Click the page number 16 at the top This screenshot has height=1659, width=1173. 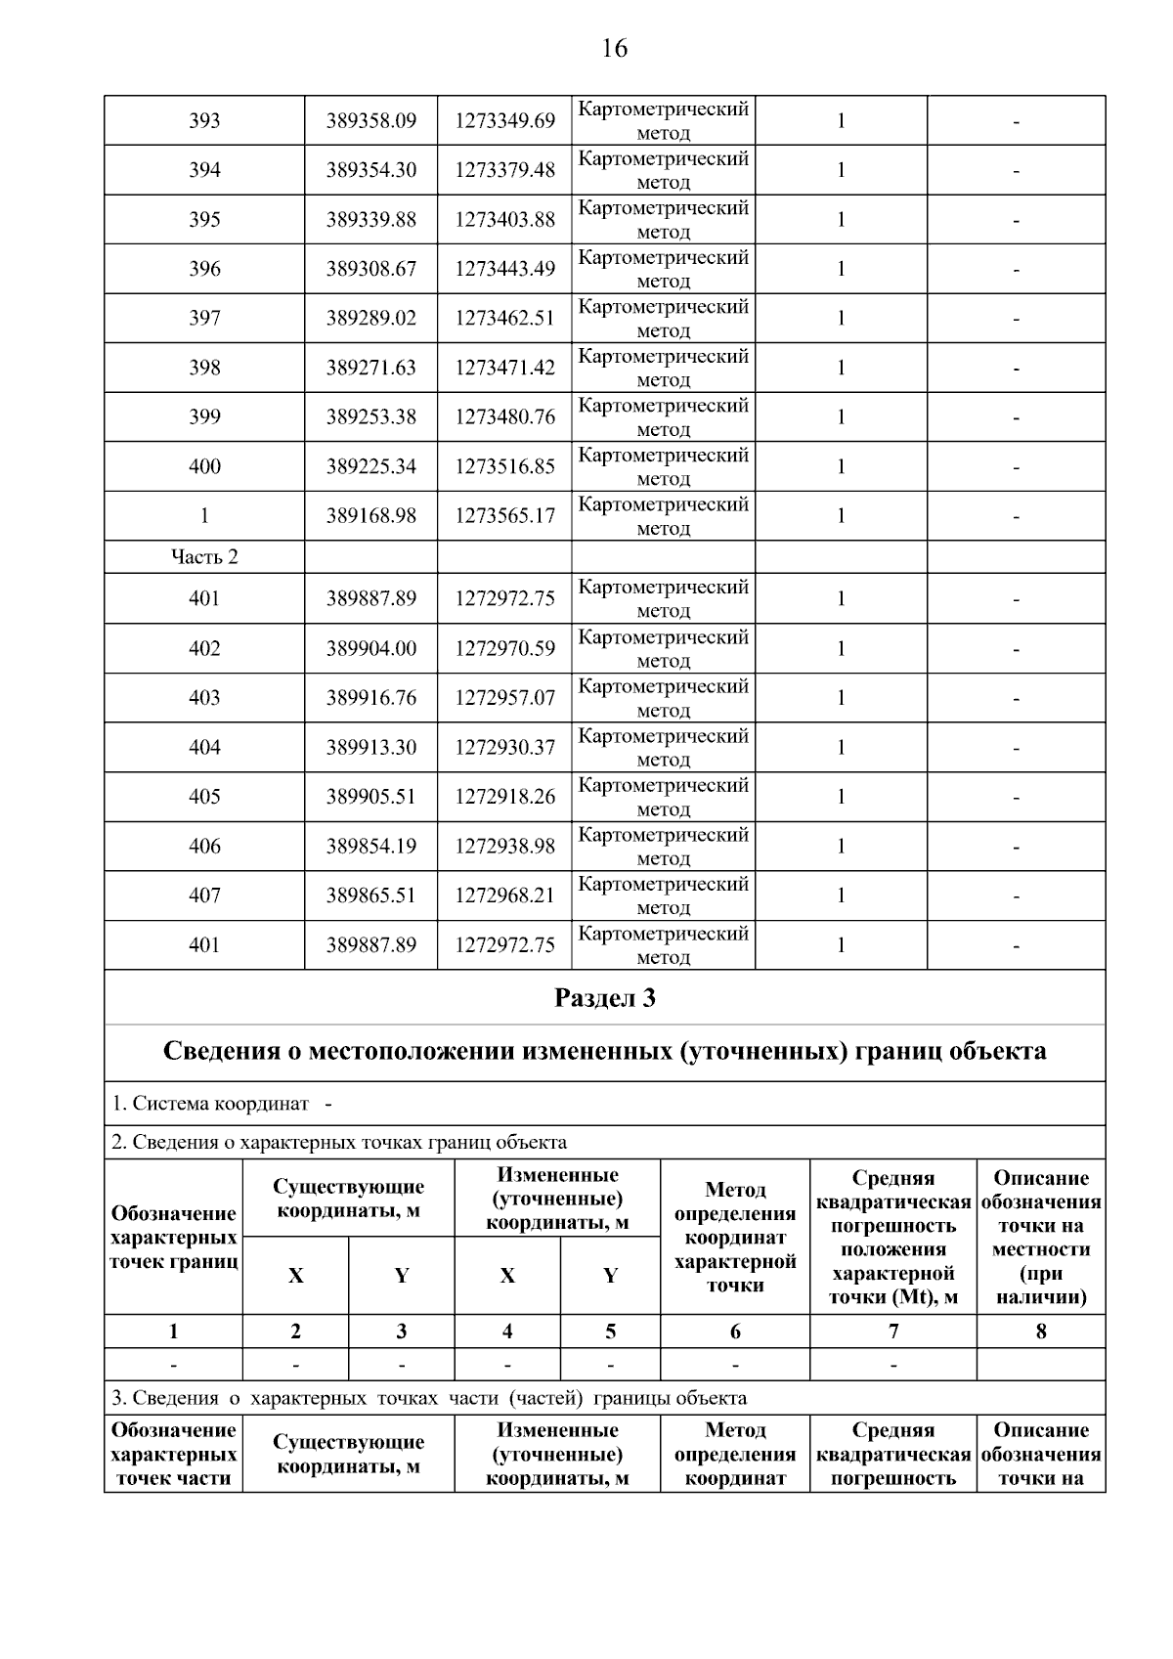614,48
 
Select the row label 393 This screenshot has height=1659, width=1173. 204,121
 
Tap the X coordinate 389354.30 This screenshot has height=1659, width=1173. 370,170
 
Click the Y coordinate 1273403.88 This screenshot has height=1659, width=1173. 504,220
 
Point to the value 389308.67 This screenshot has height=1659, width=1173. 370,269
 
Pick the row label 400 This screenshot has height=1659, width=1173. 204,466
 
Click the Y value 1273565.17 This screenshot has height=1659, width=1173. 504,516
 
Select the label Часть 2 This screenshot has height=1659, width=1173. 204,557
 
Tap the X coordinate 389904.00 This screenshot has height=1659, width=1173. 370,648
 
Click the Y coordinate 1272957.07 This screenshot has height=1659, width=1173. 504,698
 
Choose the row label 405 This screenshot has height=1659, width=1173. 204,797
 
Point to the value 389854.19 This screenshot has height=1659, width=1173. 370,847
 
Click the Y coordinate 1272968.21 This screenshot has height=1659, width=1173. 504,895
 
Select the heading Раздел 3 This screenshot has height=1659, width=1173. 604,998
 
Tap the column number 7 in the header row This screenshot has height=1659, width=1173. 892,1332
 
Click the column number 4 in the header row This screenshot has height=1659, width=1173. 507,1332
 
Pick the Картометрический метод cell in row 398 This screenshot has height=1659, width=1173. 663,368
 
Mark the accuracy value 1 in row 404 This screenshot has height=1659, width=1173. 840,748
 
